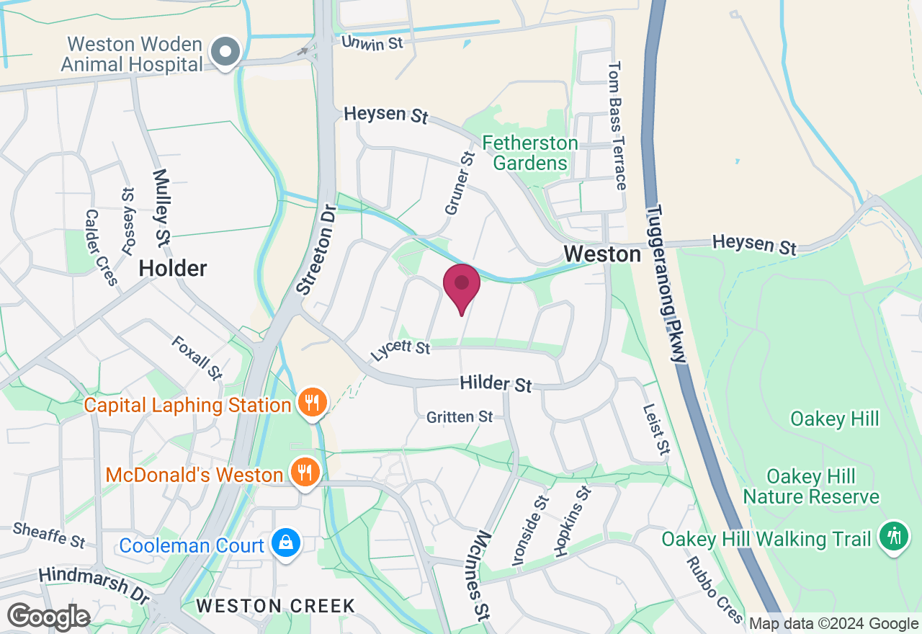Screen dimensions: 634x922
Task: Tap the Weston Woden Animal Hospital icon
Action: click(x=226, y=53)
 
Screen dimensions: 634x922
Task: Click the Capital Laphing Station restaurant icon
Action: click(x=312, y=403)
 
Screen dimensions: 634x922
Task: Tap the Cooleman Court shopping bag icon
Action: click(x=286, y=544)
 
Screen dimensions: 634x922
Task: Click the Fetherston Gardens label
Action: click(x=530, y=153)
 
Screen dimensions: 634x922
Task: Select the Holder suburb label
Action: click(x=173, y=269)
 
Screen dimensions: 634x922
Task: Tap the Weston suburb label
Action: click(x=602, y=254)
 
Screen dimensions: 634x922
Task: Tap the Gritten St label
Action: click(x=460, y=416)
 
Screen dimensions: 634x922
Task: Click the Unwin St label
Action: click(x=372, y=43)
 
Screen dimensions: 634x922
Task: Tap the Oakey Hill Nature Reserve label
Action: click(x=811, y=486)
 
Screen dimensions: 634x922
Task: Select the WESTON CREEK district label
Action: click(x=276, y=606)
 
